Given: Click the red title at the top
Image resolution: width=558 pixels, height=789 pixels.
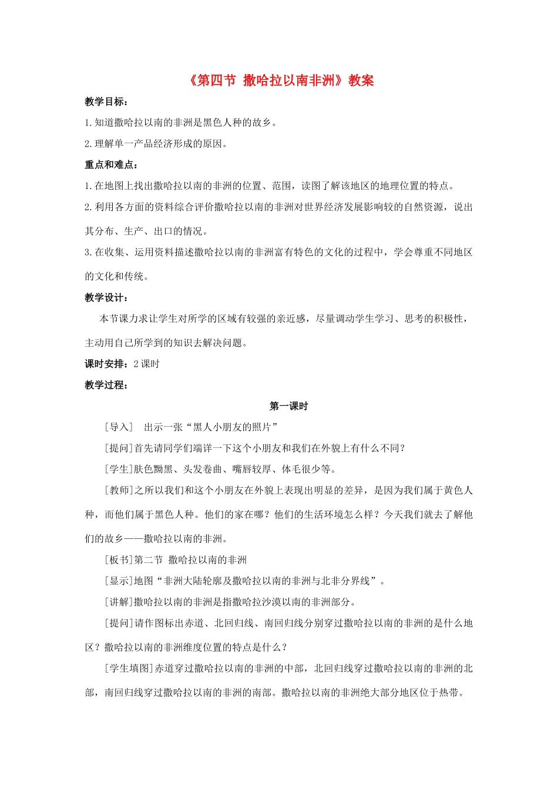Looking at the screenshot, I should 281,80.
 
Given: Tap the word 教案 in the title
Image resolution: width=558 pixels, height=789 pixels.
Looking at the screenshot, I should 361,80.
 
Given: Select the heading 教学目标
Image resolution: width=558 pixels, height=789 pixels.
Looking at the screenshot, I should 106,102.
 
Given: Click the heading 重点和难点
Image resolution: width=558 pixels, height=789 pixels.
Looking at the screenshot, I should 111,165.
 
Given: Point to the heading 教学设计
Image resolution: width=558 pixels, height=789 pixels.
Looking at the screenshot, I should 106,298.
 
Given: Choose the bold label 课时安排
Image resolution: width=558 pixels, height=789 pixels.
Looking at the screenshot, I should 106,364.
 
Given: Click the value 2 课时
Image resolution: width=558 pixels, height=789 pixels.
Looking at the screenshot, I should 147,364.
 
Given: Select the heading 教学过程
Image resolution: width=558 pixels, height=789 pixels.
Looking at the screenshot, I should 106,385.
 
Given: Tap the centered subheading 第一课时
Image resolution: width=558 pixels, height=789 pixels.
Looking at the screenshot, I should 288,406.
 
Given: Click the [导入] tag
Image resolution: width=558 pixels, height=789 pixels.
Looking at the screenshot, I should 119,427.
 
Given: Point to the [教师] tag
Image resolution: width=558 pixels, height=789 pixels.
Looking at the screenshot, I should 119,490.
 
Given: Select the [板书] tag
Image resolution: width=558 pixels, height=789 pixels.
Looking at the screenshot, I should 119,560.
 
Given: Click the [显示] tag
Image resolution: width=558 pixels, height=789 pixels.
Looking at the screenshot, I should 119,581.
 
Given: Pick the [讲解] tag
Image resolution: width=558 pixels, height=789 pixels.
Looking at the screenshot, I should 119,602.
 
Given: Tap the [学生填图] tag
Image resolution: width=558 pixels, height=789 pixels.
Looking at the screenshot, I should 129,669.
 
